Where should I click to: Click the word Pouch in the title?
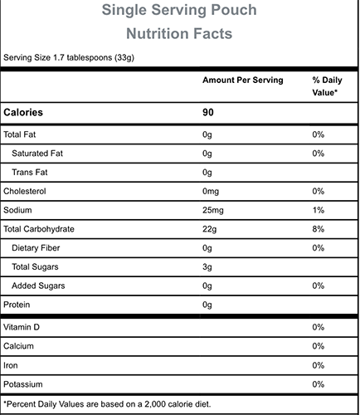(234, 10)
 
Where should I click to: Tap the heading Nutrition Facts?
(179, 33)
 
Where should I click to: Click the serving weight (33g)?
(124, 57)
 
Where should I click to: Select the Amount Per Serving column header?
(243, 80)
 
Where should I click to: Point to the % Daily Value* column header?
(327, 86)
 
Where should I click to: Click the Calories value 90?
(208, 112)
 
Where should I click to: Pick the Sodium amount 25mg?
(213, 210)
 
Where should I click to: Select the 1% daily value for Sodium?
(319, 210)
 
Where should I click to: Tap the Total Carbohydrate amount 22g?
(209, 229)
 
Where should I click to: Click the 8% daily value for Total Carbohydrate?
(319, 229)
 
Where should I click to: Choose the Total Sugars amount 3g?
(207, 267)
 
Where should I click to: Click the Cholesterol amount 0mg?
(211, 191)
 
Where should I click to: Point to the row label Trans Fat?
(30, 173)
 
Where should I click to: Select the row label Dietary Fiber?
(36, 248)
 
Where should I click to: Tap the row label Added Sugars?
(38, 286)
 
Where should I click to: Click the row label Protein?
(17, 305)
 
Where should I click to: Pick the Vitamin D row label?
(22, 327)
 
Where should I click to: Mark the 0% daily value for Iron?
(319, 365)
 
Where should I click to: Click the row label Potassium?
(23, 384)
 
